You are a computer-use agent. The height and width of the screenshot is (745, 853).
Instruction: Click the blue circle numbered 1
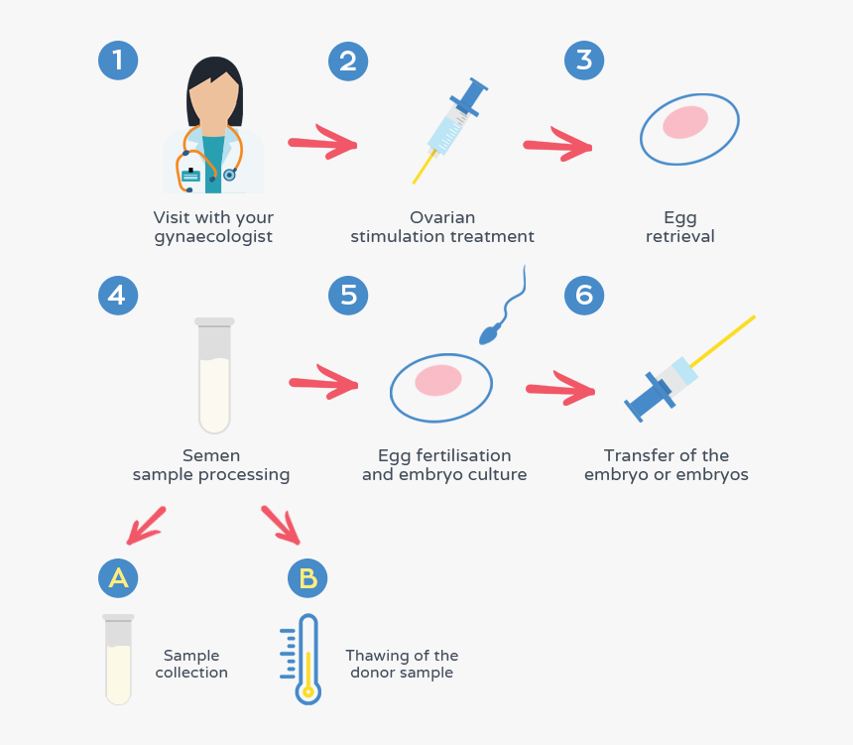tap(117, 61)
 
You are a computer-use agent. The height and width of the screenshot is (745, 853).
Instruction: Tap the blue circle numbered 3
tap(584, 61)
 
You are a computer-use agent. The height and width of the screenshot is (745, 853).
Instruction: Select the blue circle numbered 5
tap(348, 296)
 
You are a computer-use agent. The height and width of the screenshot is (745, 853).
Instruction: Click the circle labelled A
tap(118, 577)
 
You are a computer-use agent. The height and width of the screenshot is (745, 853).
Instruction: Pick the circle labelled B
tap(307, 577)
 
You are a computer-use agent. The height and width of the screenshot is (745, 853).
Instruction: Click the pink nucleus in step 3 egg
tap(685, 122)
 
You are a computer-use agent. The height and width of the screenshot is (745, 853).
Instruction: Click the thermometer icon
tap(307, 660)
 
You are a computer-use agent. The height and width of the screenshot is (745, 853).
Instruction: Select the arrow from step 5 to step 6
tap(561, 390)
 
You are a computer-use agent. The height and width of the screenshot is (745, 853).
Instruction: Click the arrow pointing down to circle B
tap(281, 525)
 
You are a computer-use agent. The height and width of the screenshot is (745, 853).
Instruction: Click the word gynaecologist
tap(213, 237)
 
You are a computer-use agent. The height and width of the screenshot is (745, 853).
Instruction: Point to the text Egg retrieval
tap(680, 227)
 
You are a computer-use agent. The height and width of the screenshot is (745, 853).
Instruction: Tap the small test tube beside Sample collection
tap(118, 660)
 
